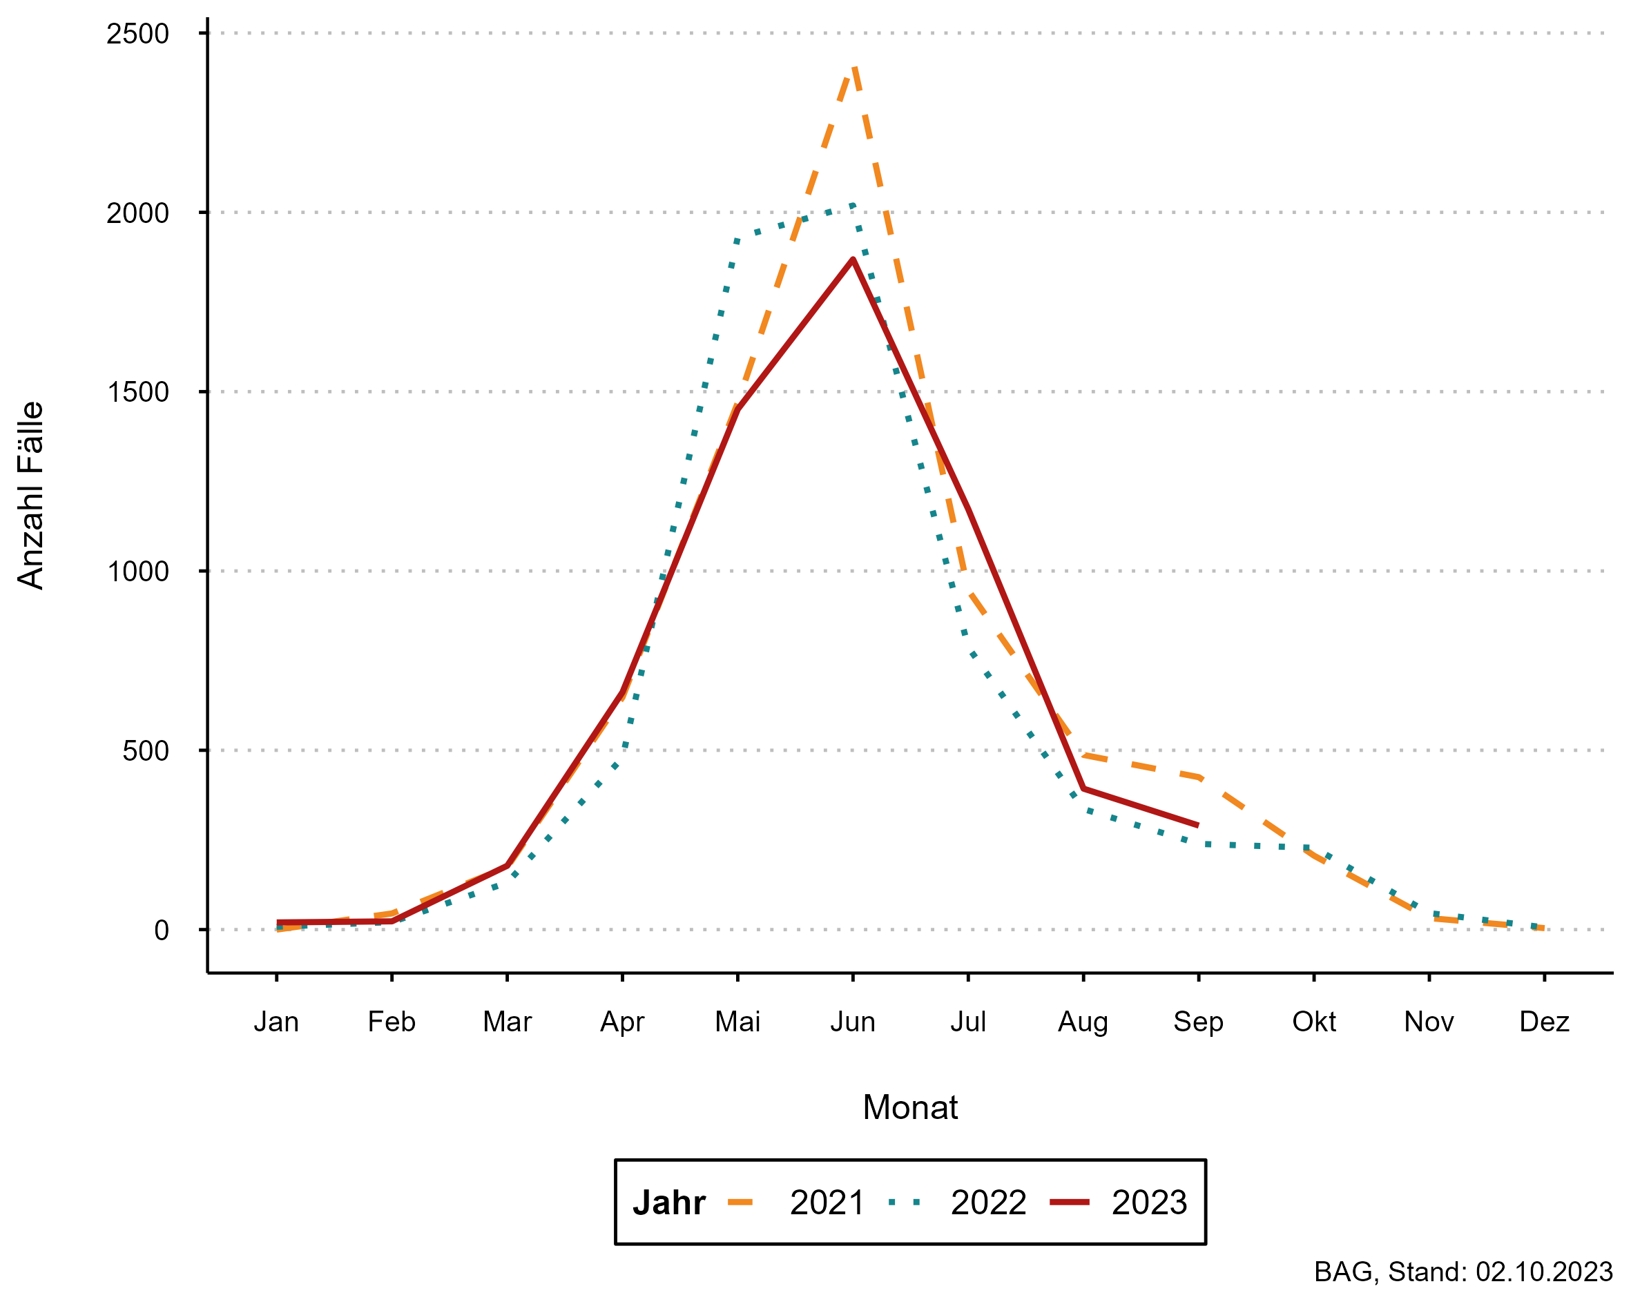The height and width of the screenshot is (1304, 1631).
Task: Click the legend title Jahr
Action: click(x=668, y=1203)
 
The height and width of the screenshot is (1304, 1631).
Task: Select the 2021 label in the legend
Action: click(x=827, y=1203)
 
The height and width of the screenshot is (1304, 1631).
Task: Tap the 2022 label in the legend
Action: click(x=988, y=1203)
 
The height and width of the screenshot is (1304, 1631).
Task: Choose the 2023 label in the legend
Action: click(x=1149, y=1203)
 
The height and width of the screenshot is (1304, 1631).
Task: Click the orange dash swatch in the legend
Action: click(x=740, y=1203)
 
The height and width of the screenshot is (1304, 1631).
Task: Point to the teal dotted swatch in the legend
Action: click(x=905, y=1203)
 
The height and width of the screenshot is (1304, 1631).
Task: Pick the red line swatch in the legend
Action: click(x=1070, y=1203)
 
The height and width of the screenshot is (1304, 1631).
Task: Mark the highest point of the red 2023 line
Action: click(x=853, y=259)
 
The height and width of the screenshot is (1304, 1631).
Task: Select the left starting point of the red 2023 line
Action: click(x=278, y=923)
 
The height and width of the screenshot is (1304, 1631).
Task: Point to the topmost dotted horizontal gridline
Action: click(x=908, y=33)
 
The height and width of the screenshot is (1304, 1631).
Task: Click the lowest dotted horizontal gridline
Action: click(x=908, y=930)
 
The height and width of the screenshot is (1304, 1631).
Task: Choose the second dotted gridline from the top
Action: click(x=908, y=213)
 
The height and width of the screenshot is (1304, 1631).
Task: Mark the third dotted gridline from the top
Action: click(x=908, y=392)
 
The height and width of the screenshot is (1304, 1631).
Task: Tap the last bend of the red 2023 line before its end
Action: click(x=1083, y=789)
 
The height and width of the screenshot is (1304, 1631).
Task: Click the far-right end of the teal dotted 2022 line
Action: click(x=1542, y=927)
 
